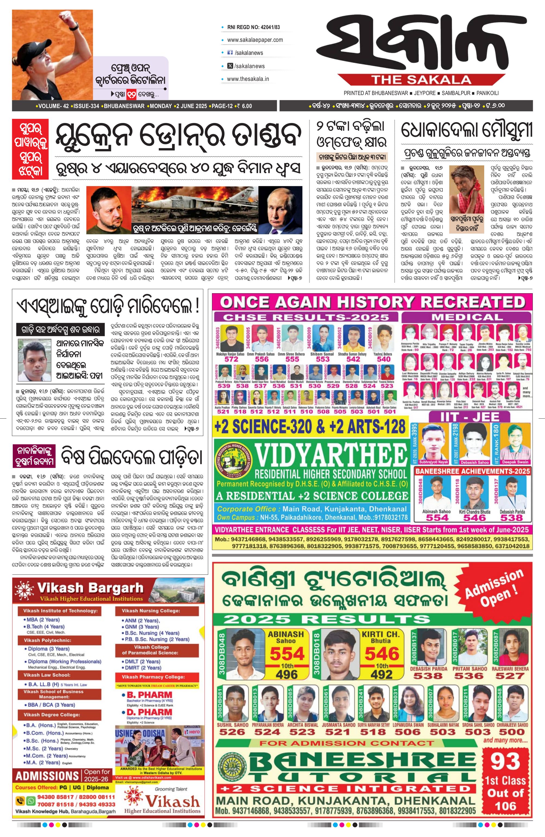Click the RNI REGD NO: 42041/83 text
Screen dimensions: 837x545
[254, 27]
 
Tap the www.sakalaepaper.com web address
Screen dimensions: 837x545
[255, 40]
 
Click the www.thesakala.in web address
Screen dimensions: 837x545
[248, 79]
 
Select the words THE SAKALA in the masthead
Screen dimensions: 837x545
[421, 80]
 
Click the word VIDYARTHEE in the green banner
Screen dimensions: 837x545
[331, 456]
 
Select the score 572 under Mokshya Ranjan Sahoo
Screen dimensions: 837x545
[231, 359]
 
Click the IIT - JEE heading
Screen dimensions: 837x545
[470, 417]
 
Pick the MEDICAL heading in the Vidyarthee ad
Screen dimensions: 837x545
[467, 317]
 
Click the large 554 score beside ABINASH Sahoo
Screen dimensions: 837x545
[287, 654]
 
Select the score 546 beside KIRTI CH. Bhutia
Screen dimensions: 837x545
[382, 654]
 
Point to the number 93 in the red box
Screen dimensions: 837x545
[505, 761]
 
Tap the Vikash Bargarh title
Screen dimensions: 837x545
[90, 588]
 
